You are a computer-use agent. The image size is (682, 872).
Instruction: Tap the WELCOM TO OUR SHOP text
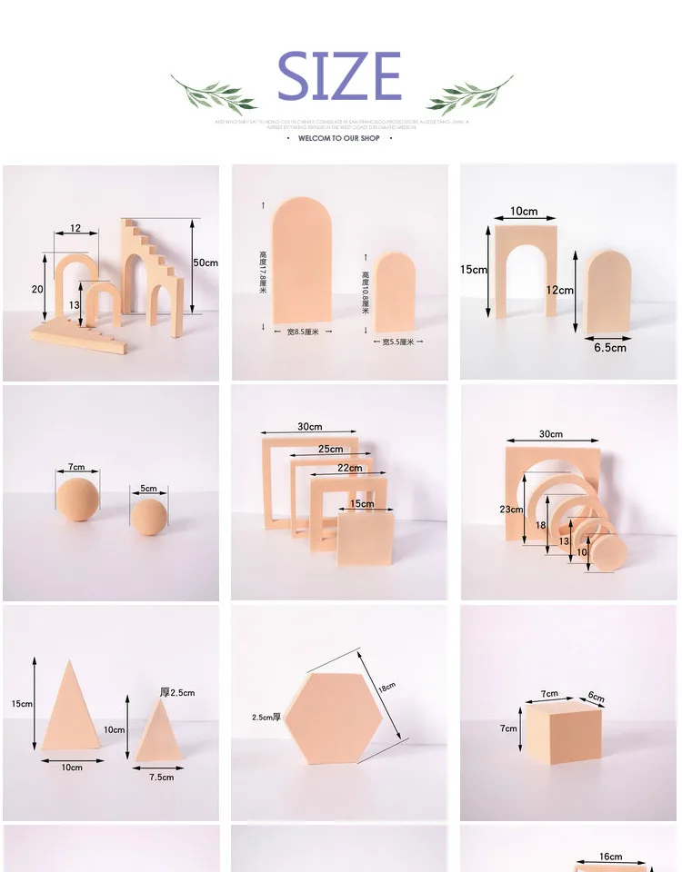point(339,139)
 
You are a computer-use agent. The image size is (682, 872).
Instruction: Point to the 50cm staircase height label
point(206,263)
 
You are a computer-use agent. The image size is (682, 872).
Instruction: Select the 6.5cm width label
point(610,347)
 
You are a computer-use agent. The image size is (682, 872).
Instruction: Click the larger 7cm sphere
point(77,500)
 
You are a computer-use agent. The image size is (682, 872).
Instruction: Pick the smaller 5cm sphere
point(148,515)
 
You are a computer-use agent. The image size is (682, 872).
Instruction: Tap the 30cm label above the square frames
point(309,427)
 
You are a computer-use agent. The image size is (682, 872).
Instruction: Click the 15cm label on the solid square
point(362,504)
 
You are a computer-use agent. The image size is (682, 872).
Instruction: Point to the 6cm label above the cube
point(596,698)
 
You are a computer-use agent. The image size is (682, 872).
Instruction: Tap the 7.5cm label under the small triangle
point(160,777)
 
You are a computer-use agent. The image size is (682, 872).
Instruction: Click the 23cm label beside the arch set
point(511,510)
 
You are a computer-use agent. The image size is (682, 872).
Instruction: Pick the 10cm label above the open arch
point(523,212)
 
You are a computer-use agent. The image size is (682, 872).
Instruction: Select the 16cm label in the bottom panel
point(611,857)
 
